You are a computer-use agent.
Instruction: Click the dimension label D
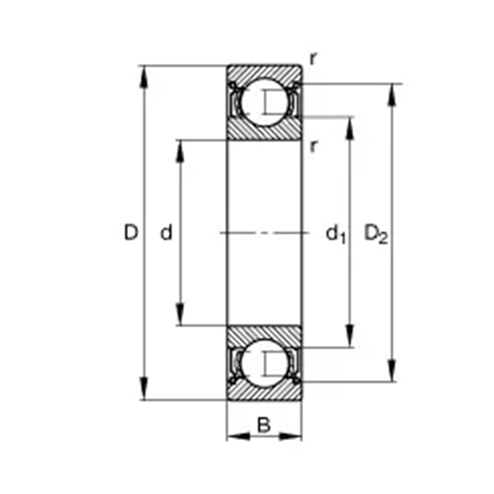coord(131,232)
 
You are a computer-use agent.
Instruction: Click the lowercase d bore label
coord(166,232)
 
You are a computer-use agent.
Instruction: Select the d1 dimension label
coord(336,234)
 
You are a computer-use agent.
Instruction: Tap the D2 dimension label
coord(376,234)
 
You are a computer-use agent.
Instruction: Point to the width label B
coord(264,424)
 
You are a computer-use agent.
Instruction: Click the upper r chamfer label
coord(313,59)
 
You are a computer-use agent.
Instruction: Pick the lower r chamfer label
coord(313,146)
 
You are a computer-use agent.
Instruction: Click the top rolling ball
coord(264,102)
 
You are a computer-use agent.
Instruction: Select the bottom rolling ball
coord(264,363)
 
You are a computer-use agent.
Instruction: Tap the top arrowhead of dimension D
coord(144,77)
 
